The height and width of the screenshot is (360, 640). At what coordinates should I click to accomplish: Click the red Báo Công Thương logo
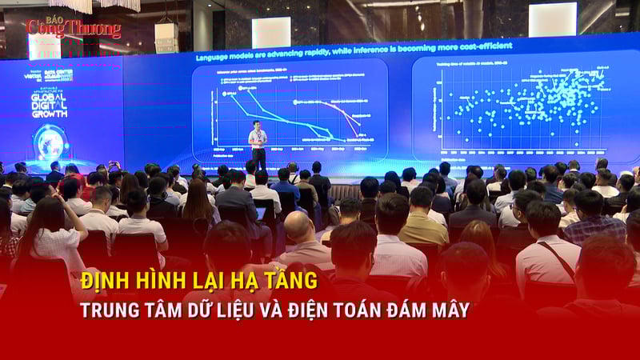pos(72,27)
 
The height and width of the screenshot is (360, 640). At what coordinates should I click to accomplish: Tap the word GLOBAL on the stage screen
pos(48,99)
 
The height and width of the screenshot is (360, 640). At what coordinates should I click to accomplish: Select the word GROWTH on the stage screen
pos(49,113)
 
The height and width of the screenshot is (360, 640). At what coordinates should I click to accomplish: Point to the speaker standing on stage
pos(258,145)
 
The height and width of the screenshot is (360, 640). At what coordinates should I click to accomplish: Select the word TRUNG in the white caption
pos(104,309)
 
